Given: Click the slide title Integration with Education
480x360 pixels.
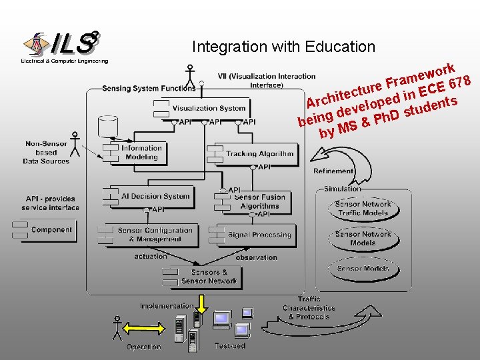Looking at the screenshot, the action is pos(283,47).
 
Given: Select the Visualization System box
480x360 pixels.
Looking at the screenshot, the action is pos(208,108).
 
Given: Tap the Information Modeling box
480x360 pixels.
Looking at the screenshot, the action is pos(140,153).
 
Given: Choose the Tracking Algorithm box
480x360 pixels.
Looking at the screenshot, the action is pos(258,153).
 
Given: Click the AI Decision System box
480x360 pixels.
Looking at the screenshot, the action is pos(154,196).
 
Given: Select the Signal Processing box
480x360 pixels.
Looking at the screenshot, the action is pos(258,235).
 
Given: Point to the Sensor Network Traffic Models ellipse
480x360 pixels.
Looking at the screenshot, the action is pos(362,208).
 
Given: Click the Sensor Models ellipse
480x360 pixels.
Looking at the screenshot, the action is pos(362,269).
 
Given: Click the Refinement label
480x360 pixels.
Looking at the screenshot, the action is pos(333,171).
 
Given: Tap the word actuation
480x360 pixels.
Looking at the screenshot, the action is pos(151,257).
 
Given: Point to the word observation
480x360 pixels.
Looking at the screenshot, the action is pos(256,257).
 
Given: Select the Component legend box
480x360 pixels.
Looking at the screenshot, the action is pos(44,230).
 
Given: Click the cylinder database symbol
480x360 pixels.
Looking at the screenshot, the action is pos(107,126).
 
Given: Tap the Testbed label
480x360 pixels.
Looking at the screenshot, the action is pos(230,346).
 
